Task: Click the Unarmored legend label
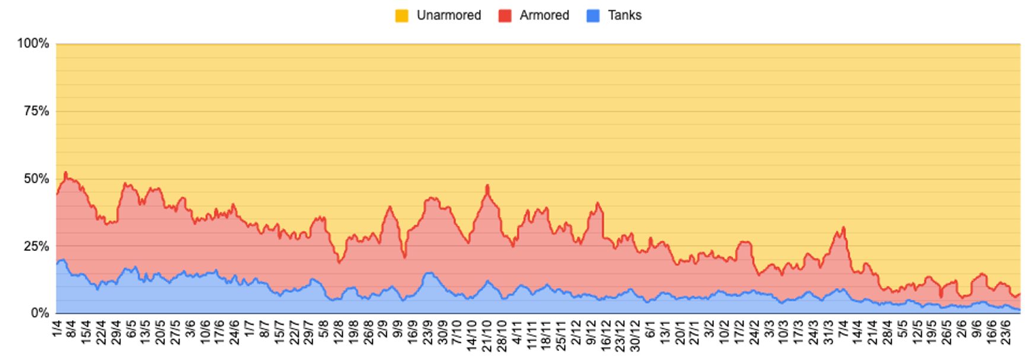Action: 448,15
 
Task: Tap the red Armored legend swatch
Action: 505,16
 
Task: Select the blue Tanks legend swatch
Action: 593,16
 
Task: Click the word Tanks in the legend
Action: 624,15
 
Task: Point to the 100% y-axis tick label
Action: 33,43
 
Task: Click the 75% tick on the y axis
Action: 36,111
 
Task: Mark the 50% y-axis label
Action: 36,179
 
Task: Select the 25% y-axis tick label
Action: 36,246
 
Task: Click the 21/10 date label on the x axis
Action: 487,336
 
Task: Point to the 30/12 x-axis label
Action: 635,336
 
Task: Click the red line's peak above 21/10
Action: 487,186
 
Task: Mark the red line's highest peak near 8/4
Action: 65,173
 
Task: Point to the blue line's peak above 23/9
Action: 429,273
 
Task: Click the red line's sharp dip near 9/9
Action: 404,257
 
